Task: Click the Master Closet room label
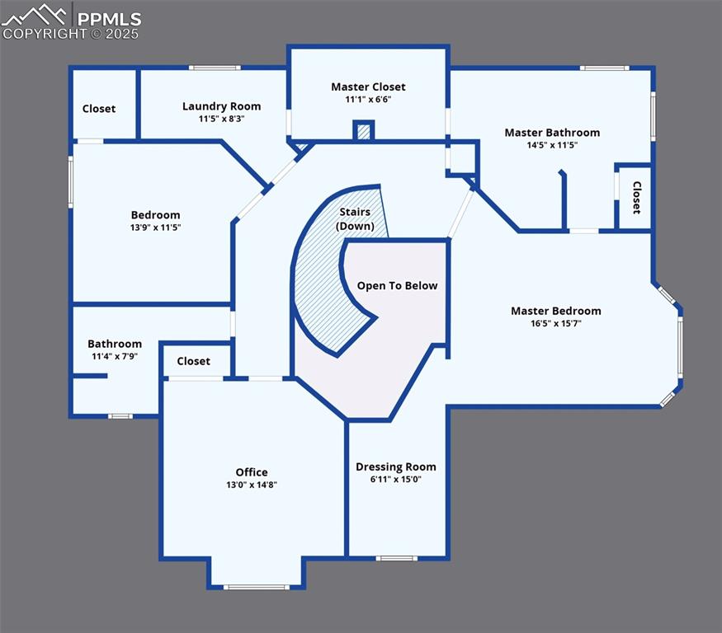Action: click(x=368, y=87)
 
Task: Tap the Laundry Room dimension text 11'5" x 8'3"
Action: click(x=221, y=119)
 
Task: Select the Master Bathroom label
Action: click(x=552, y=132)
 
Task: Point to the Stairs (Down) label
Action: click(x=356, y=219)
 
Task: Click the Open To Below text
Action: click(x=397, y=286)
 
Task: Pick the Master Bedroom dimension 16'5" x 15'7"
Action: click(x=555, y=324)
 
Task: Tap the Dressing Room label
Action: click(x=396, y=467)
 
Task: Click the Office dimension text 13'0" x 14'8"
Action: click(x=252, y=485)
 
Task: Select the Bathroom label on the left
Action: click(x=115, y=344)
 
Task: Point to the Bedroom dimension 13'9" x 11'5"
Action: click(x=155, y=227)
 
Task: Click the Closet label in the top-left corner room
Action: click(x=99, y=109)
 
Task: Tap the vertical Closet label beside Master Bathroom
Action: click(x=636, y=198)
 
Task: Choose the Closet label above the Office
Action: click(x=193, y=361)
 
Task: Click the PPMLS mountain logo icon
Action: click(x=35, y=15)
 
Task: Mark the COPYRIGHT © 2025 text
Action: click(x=71, y=34)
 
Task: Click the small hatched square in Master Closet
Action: click(x=364, y=131)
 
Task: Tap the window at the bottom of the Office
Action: click(x=257, y=587)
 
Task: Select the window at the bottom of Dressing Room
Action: click(x=397, y=559)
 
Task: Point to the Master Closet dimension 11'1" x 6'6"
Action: click(x=368, y=100)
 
